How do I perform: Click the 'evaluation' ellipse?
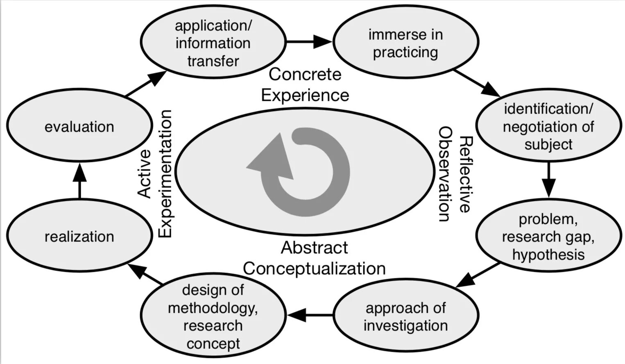79,126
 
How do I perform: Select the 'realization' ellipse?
79,236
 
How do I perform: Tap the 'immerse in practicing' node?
405,43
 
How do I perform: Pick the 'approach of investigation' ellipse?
405,316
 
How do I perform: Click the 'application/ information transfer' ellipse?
213,43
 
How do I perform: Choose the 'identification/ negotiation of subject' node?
548,126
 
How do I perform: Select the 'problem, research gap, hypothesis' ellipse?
548,237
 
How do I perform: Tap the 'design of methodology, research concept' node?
213,316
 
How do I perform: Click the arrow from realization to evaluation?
79,180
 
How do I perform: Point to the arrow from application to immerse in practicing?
309,41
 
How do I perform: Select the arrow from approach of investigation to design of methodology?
310,315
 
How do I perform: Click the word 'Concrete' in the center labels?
305,74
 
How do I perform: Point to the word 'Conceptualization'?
314,269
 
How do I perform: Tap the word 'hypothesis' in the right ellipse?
548,255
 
